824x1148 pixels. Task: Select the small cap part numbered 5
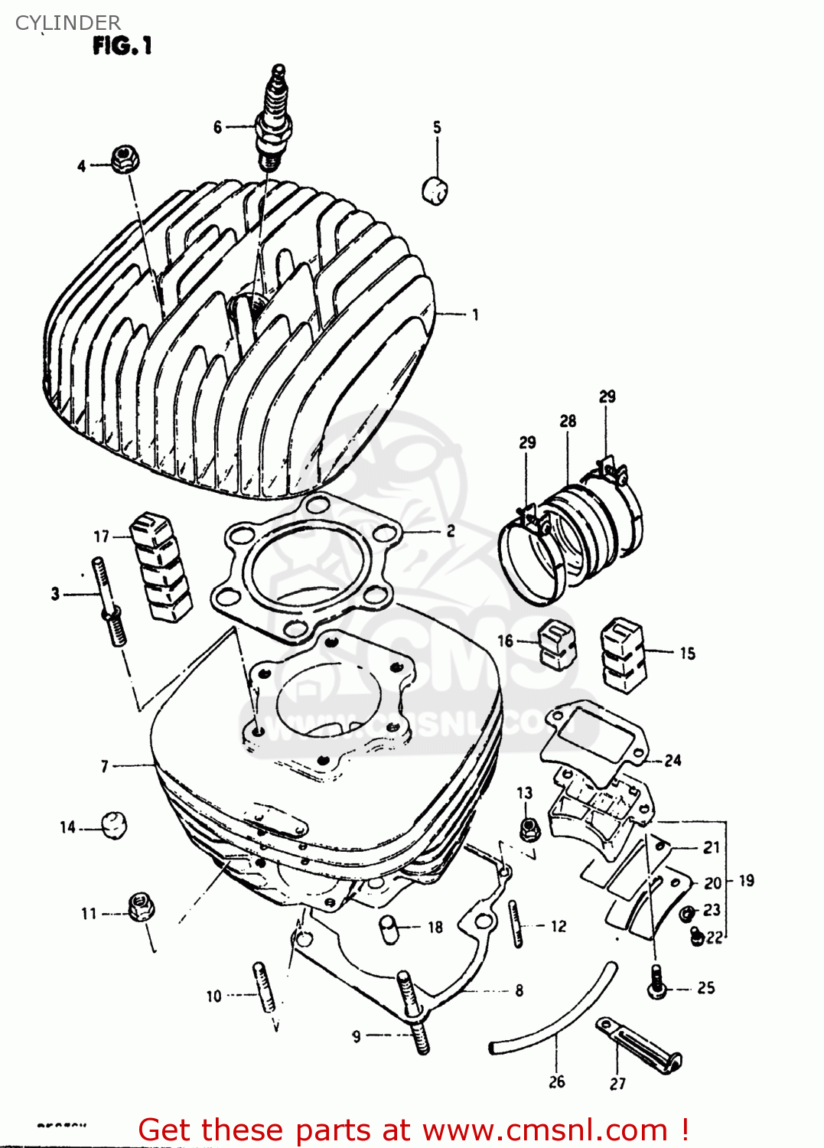pyautogui.click(x=435, y=190)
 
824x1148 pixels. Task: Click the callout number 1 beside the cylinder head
pyautogui.click(x=475, y=315)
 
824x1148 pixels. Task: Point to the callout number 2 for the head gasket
pyautogui.click(x=451, y=530)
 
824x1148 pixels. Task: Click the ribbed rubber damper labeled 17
pyautogui.click(x=161, y=566)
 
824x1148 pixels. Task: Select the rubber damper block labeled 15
pyautogui.click(x=624, y=654)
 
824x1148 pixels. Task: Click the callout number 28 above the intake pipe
pyautogui.click(x=568, y=421)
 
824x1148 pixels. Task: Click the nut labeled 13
pyautogui.click(x=527, y=827)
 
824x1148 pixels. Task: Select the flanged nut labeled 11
pyautogui.click(x=140, y=907)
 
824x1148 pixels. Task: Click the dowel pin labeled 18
pyautogui.click(x=390, y=929)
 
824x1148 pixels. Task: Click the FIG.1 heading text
pyautogui.click(x=122, y=47)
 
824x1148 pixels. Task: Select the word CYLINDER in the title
pyautogui.click(x=68, y=23)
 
